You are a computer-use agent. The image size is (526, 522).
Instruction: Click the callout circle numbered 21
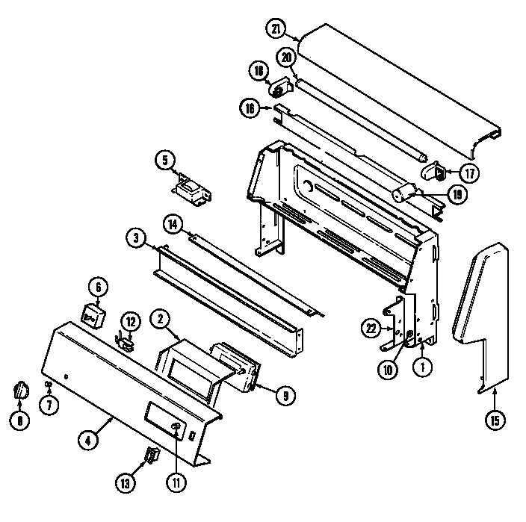click(x=276, y=29)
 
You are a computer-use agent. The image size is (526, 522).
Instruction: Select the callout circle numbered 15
click(x=493, y=420)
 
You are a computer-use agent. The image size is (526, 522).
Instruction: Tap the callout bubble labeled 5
click(x=164, y=159)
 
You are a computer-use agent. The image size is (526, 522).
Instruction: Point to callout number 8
click(x=19, y=420)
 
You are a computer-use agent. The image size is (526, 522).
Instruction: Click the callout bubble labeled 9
click(x=284, y=397)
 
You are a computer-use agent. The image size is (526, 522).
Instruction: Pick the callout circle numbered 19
click(x=457, y=194)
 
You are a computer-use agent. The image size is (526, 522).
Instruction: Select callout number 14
click(x=173, y=223)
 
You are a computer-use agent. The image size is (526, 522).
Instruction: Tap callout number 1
click(x=423, y=367)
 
